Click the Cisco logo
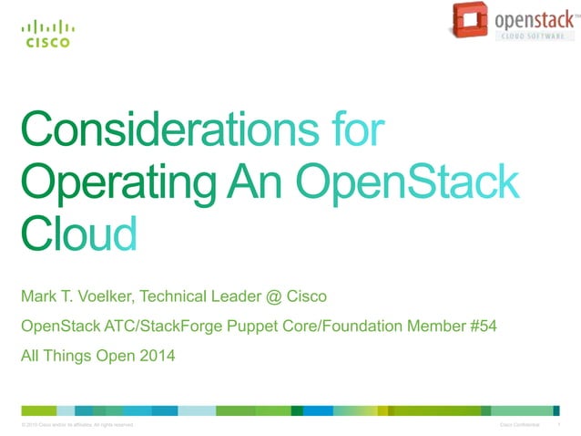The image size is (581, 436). tap(46, 34)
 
